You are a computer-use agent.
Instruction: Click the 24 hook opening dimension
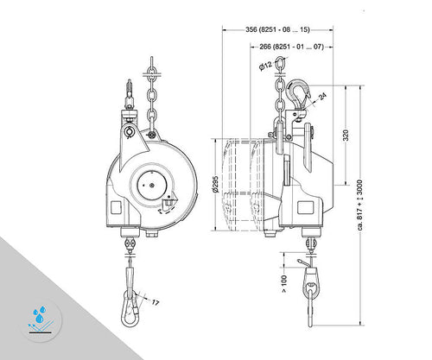[321, 98]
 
